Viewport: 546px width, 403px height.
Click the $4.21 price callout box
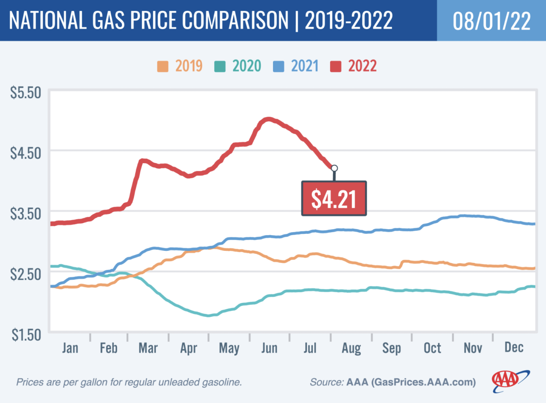tap(334, 198)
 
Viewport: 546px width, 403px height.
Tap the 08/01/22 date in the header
tap(491, 21)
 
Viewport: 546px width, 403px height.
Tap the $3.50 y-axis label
tap(25, 213)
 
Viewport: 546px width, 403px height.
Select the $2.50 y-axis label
tap(25, 273)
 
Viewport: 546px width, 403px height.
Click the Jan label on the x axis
tap(70, 348)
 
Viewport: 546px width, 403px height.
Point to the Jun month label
tap(269, 348)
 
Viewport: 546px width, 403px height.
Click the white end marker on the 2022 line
tap(334, 168)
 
